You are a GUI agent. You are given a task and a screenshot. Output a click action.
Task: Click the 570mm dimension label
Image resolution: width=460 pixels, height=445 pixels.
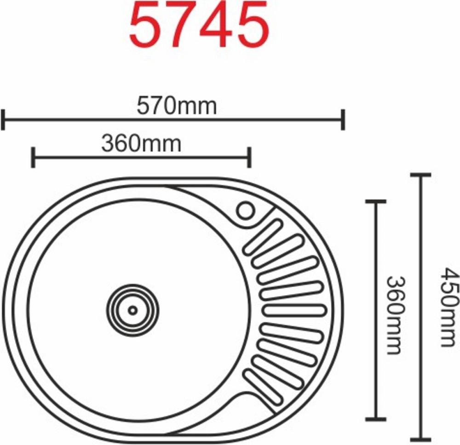(x=176, y=107)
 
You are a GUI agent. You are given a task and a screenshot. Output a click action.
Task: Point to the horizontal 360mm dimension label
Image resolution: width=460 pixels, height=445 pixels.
(x=141, y=144)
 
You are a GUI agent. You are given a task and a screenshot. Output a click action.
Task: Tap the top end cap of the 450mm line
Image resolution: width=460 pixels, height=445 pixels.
(x=420, y=175)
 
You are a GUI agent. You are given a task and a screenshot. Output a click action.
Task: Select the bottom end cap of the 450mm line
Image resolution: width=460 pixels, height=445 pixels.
(x=420, y=439)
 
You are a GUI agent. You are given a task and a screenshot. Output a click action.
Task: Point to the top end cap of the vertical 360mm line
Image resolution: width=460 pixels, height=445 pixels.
(x=375, y=201)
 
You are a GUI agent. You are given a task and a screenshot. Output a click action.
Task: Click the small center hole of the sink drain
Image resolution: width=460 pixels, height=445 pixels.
(x=133, y=310)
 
